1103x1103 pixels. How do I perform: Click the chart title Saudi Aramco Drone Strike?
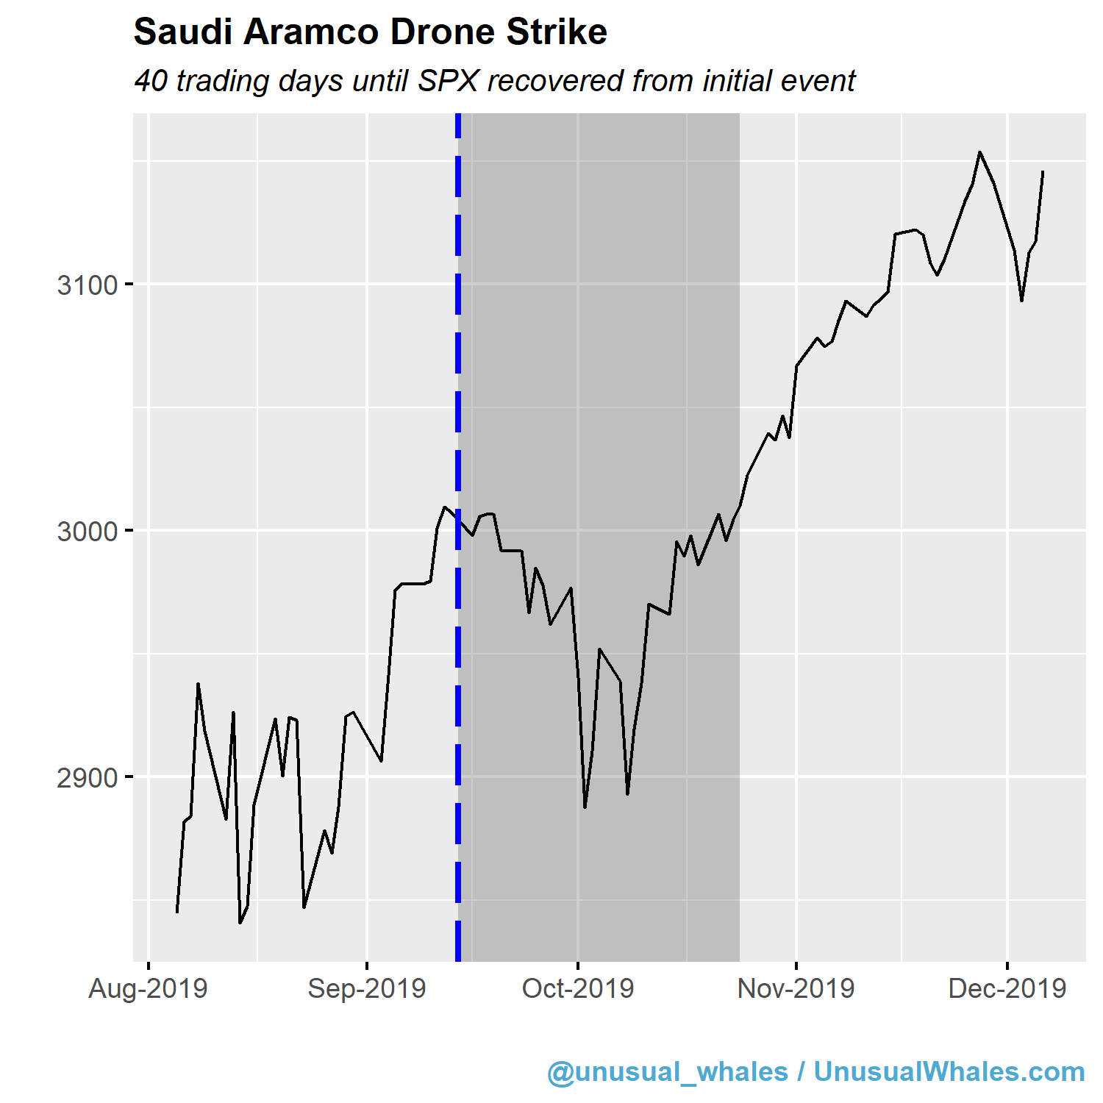[x=370, y=32]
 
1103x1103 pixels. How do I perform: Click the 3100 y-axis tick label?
[x=88, y=285]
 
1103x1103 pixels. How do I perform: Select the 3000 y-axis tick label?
[x=88, y=531]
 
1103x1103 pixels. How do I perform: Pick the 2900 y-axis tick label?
[x=88, y=777]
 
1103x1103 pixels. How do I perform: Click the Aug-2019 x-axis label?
[x=148, y=988]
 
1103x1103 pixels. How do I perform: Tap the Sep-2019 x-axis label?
[x=367, y=988]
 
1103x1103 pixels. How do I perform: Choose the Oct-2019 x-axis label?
[x=578, y=988]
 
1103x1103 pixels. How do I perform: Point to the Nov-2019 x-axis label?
[x=796, y=988]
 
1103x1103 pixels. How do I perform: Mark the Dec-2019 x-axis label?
[x=1007, y=988]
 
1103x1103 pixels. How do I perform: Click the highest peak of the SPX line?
[x=979, y=152]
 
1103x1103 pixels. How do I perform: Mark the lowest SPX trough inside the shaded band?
[x=585, y=807]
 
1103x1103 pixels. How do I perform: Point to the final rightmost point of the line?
[x=1043, y=171]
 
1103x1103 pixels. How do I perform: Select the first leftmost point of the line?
[x=177, y=912]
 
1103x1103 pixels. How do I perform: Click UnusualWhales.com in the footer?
[x=949, y=1071]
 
